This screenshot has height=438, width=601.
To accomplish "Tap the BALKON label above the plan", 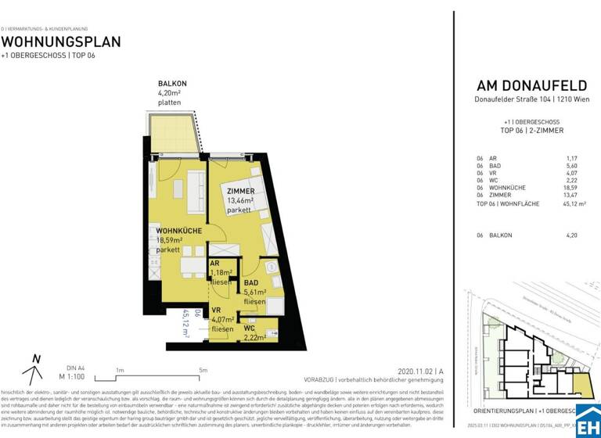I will coord(172,84).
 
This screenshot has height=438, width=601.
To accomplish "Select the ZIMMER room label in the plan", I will coord(241,191).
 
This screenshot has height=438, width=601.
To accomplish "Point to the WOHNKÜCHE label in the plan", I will coord(179,231).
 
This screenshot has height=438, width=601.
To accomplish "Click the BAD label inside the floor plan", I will coord(250,282).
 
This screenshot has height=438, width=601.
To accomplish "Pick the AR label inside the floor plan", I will coord(214,264).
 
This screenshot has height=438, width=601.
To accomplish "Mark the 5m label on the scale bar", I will coord(203,371).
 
